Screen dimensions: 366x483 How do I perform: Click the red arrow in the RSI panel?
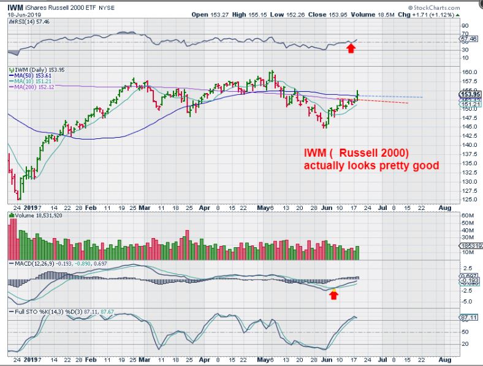point(351,47)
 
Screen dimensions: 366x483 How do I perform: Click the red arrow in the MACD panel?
point(333,295)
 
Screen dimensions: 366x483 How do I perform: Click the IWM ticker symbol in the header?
point(15,7)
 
